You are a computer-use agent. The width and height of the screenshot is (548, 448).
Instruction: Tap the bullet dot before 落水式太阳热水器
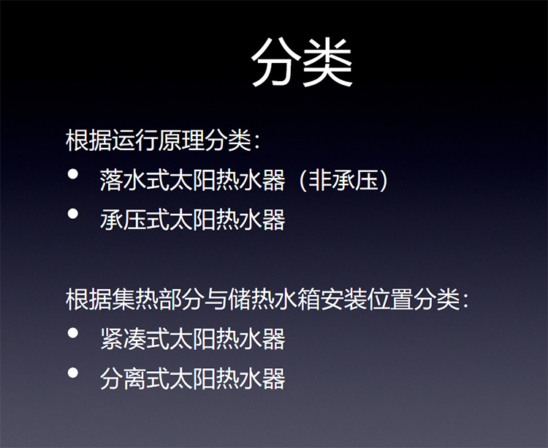coord(73,176)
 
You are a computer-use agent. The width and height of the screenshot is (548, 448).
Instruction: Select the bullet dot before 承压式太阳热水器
coord(73,215)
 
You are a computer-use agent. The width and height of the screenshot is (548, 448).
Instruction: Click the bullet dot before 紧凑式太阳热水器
coord(73,334)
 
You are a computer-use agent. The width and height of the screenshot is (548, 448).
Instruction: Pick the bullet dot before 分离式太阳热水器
coord(73,373)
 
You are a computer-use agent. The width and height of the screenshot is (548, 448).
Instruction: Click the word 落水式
coord(134,182)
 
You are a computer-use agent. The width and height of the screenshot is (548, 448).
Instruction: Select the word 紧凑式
coord(134,339)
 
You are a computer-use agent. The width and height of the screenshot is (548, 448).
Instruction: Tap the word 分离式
coord(134,378)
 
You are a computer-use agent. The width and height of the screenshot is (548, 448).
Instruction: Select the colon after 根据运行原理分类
coord(256,142)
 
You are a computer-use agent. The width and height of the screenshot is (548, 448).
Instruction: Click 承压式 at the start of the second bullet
coord(134,220)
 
